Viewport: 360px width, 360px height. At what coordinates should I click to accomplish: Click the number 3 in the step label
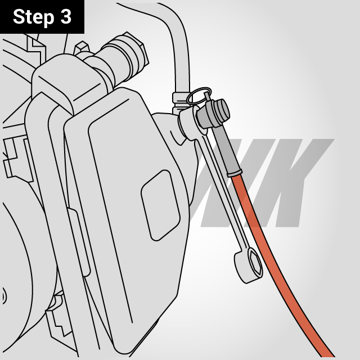click(x=66, y=17)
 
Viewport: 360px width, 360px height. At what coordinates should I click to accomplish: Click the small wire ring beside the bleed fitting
click(x=198, y=96)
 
